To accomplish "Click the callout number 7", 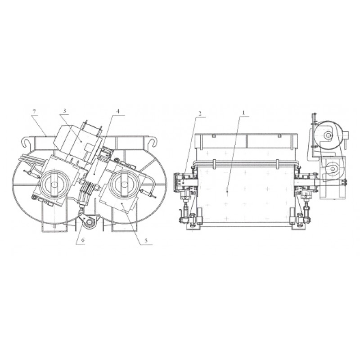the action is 35,112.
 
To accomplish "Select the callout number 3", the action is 64,111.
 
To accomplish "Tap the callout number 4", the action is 117,111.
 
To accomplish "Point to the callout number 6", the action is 83,240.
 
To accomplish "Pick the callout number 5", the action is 146,240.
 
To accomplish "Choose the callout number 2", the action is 200,113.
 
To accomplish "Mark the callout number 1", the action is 243,112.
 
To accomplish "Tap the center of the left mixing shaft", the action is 54,184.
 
